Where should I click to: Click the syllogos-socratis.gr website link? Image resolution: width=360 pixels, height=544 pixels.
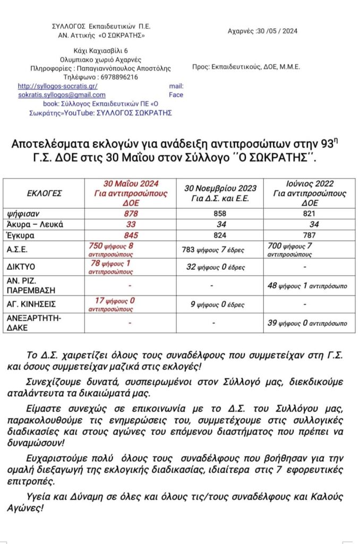57,86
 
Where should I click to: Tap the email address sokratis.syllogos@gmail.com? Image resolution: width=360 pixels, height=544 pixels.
62,95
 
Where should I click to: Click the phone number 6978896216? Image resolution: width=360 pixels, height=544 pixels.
119,77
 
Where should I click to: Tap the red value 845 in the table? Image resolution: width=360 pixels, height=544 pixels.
131,235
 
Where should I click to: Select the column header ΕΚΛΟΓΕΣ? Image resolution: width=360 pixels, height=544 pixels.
45,193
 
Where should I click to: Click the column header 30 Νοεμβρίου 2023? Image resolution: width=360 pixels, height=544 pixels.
220,189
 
